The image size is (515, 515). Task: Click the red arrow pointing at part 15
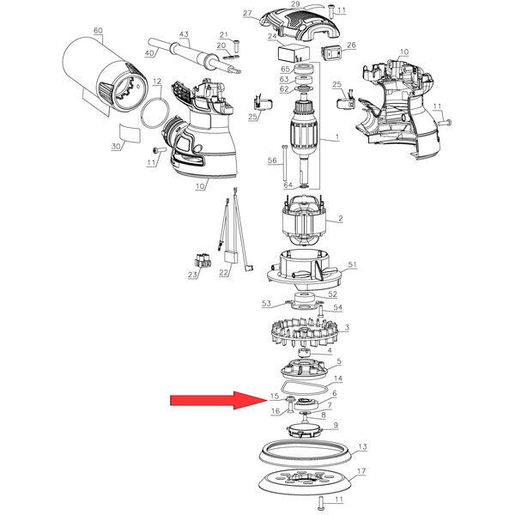[218, 400]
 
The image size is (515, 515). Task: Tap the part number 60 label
[98, 31]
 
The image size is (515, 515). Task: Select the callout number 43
[184, 34]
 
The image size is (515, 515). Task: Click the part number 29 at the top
[295, 4]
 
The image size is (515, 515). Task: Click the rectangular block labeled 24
[294, 53]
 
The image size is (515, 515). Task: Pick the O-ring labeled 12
[154, 113]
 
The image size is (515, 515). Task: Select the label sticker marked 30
[130, 133]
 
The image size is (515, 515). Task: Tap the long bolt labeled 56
[283, 162]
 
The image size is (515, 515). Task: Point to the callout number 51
[352, 264]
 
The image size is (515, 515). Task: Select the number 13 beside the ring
[362, 446]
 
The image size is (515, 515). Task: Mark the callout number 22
[223, 273]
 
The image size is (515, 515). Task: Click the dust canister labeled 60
[105, 76]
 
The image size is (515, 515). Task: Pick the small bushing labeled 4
[304, 354]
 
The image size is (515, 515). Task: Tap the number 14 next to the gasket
[338, 379]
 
